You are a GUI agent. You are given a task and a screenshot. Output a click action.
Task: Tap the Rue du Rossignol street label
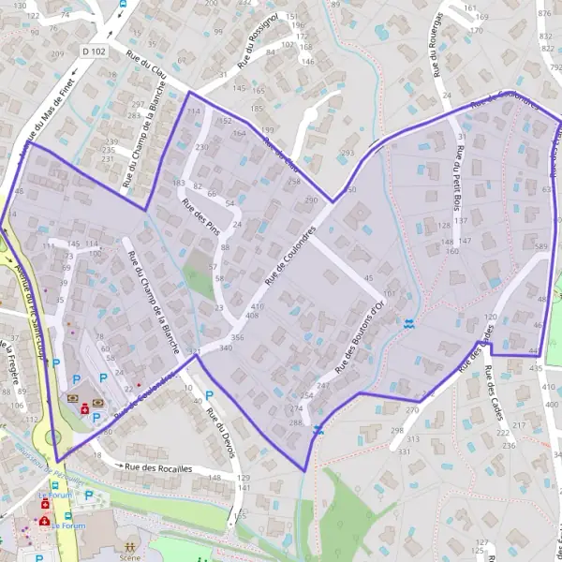pyautogui.click(x=258, y=41)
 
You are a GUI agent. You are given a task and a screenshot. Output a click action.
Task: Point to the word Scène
pyautogui.click(x=129, y=556)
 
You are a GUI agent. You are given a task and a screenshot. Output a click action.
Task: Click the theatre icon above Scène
pyautogui.click(x=129, y=543)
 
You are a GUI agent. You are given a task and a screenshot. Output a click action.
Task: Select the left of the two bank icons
pyautogui.click(x=72, y=397)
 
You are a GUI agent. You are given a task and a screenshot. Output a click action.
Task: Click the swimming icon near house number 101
pyautogui.click(x=407, y=324)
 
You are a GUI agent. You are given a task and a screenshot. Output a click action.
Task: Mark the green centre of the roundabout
pyautogui.click(x=52, y=437)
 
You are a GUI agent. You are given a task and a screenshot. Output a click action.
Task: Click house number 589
pyautogui.click(x=540, y=246)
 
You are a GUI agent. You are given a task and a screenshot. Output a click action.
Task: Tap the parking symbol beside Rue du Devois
pyautogui.click(x=209, y=396)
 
